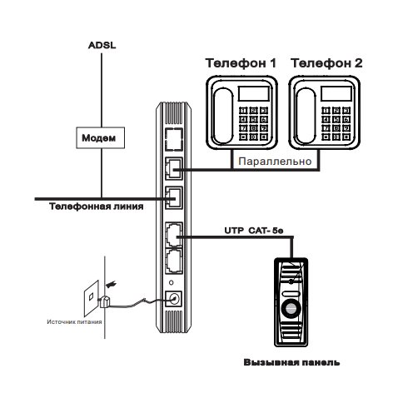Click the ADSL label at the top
(x=102, y=45)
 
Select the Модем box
(x=101, y=137)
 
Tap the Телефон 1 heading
(x=241, y=63)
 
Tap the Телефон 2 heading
(x=326, y=63)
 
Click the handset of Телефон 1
(x=223, y=116)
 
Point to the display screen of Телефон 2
(x=336, y=93)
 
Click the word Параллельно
(x=275, y=162)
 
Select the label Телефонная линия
(x=97, y=206)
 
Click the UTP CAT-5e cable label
(x=254, y=231)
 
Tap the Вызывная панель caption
(x=291, y=362)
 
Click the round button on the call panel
(x=291, y=308)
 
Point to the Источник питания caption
(x=74, y=322)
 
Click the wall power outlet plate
(x=92, y=298)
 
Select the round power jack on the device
(x=174, y=299)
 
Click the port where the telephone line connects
(x=174, y=197)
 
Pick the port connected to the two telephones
(x=174, y=169)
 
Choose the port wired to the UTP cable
(x=174, y=235)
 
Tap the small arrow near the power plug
(x=111, y=284)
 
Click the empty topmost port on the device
(x=174, y=140)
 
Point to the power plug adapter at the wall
(x=105, y=301)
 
